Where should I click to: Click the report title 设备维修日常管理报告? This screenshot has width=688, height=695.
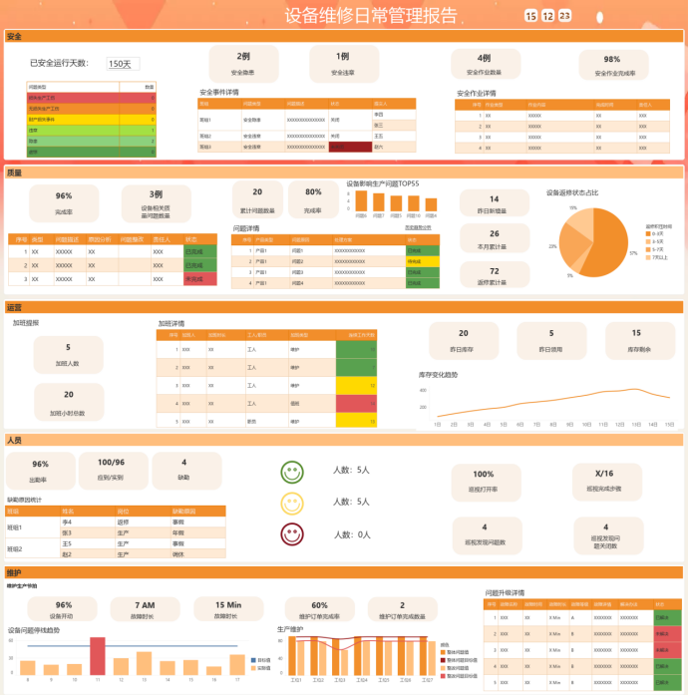tap(371, 15)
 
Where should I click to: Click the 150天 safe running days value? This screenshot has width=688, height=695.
tap(120, 64)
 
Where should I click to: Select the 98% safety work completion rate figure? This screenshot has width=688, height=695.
tap(611, 59)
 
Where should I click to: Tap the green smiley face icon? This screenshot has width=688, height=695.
tap(292, 471)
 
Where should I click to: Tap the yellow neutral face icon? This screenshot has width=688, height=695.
tap(292, 503)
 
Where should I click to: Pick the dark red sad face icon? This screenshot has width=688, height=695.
tap(292, 533)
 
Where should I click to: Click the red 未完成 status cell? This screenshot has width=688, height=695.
tap(199, 279)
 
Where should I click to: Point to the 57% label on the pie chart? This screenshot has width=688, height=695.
tap(632, 253)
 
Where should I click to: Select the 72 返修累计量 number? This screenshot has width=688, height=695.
tap(495, 270)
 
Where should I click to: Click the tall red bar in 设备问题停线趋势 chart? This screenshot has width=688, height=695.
tap(98, 655)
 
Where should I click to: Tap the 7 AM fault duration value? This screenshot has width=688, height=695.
tap(147, 604)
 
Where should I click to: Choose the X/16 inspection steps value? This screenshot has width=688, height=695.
tap(604, 474)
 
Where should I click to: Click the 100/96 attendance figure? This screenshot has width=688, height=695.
tap(112, 463)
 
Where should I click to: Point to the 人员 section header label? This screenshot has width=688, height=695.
tap(15, 440)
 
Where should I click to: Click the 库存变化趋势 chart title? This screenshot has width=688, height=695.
tap(439, 375)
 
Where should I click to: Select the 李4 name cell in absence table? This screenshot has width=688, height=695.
tap(68, 521)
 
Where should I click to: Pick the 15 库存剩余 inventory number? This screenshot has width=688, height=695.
tap(637, 333)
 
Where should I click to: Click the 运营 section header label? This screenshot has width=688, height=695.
tap(15, 308)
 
